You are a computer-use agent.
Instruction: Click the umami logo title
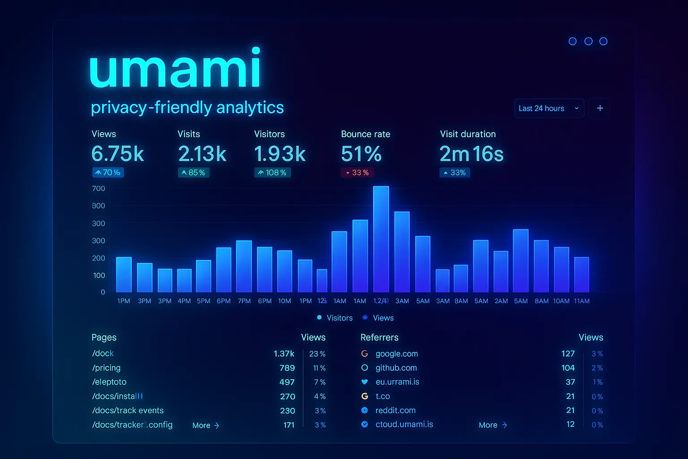175,68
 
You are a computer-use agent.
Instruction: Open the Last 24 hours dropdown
549,108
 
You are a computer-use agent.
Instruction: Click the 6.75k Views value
117,154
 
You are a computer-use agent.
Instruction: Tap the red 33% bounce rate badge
357,173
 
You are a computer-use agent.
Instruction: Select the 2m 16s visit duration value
471,154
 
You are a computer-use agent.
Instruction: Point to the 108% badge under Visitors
272,173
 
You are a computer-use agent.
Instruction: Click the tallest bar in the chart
381,239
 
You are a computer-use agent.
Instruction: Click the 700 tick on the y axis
99,189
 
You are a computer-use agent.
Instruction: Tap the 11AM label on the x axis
581,301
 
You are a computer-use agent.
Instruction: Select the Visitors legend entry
335,318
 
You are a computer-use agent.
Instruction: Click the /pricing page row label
106,368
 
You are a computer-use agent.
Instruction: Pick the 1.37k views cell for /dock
284,354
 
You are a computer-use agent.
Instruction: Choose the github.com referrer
396,368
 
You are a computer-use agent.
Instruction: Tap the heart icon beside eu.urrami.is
365,382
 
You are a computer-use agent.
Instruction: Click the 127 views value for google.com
568,354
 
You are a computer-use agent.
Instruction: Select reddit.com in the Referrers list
395,411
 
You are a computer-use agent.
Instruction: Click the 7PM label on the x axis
244,301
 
